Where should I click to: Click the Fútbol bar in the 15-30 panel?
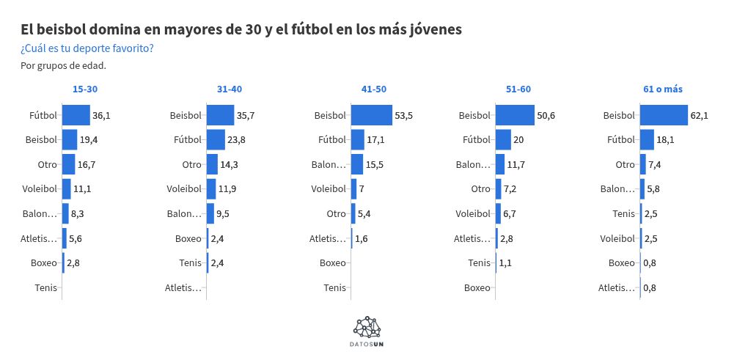[x=76, y=115]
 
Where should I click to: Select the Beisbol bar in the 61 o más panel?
[x=664, y=115]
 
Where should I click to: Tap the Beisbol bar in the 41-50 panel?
[x=372, y=115]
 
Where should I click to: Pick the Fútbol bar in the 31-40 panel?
[x=216, y=139]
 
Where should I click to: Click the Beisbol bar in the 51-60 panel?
[x=515, y=115]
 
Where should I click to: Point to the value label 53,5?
[x=404, y=116]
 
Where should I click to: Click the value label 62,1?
[x=700, y=116]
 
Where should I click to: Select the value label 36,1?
[x=101, y=116]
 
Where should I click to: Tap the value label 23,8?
[x=236, y=140]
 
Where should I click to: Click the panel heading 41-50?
[x=374, y=89]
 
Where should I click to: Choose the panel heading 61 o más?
[x=663, y=89]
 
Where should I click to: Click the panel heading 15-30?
[x=85, y=89]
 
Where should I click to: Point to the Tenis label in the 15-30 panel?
[x=45, y=287]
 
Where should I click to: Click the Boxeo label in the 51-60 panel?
[x=477, y=287]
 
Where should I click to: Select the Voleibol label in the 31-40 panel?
[x=183, y=189]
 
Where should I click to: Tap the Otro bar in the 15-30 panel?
[x=68, y=164]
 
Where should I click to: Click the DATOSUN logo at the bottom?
[x=367, y=331]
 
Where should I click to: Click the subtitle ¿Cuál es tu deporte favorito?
[x=87, y=49]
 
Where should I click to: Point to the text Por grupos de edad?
[x=63, y=66]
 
